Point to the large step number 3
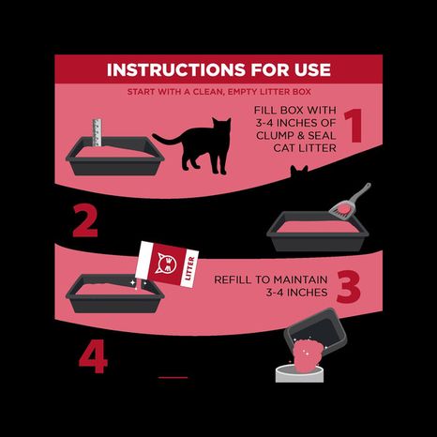[x=348, y=287]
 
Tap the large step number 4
[x=91, y=357]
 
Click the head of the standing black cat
[x=222, y=127]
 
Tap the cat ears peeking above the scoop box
[x=300, y=173]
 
